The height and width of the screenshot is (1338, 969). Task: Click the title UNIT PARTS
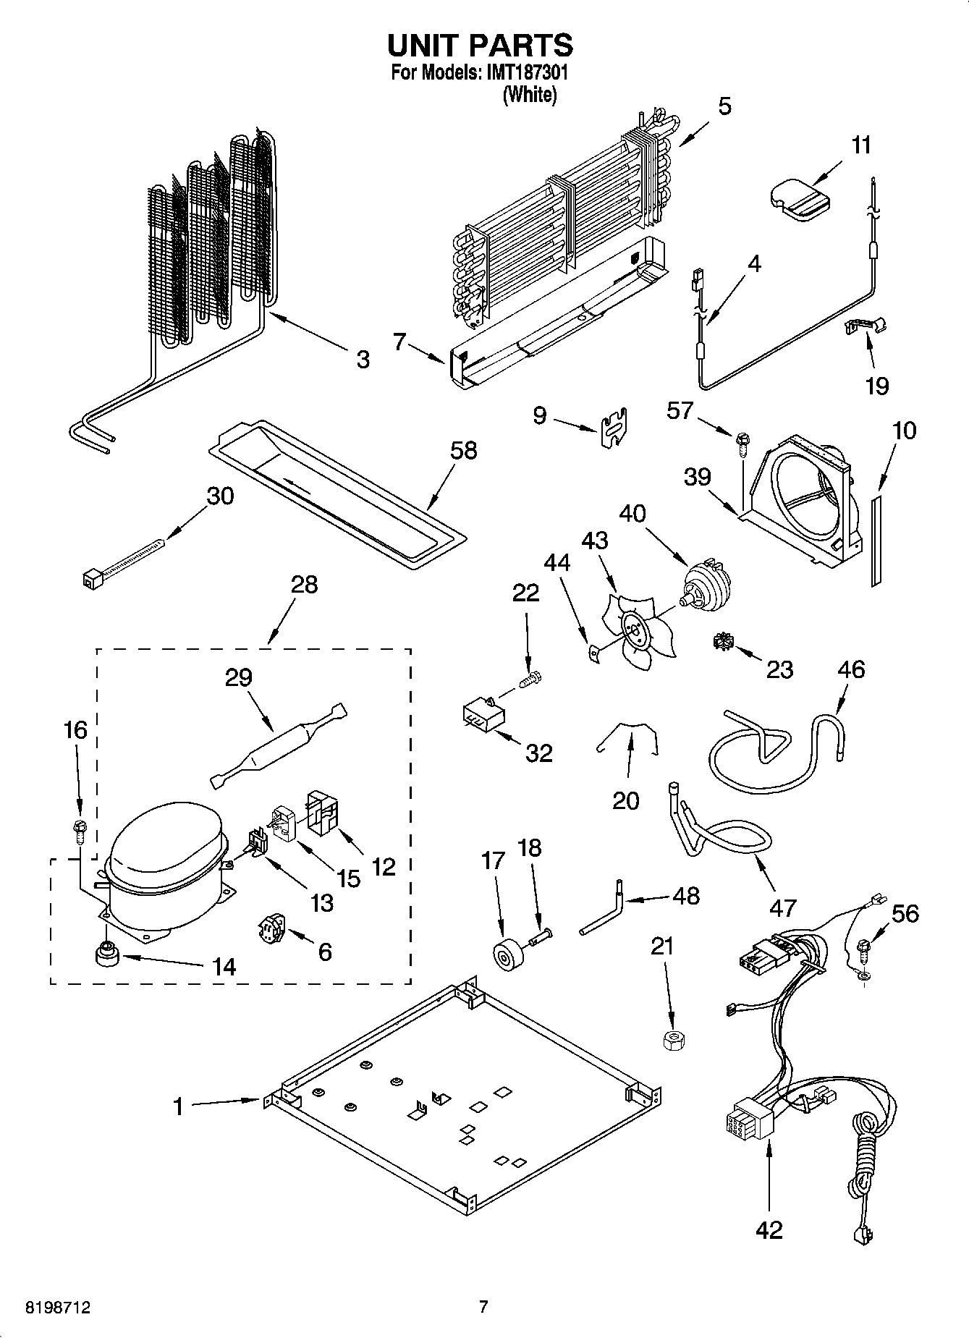[x=480, y=45]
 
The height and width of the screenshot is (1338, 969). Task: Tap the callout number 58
[x=463, y=450]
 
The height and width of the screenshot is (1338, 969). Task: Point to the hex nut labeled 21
[x=674, y=1041]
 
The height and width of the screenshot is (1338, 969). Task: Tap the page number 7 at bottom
[x=483, y=1307]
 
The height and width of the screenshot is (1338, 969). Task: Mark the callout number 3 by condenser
[x=363, y=359]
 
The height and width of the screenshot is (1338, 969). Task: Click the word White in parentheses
[x=530, y=94]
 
